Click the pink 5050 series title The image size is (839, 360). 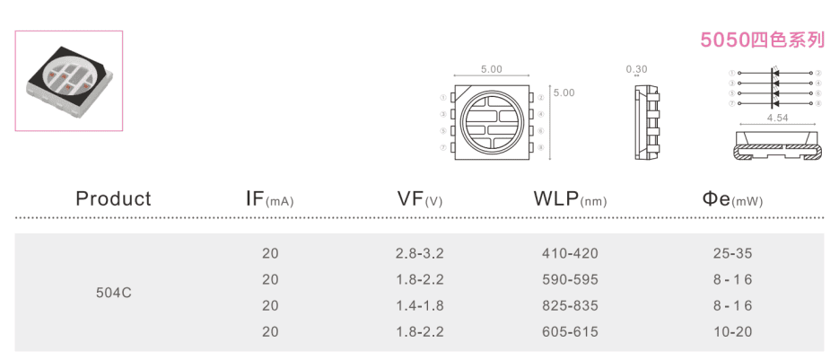tap(762, 40)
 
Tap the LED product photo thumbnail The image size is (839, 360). tap(69, 81)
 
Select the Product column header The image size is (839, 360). tap(113, 198)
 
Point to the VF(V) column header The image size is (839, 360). tap(419, 199)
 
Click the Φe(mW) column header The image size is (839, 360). tap(732, 199)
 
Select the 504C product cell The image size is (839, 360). tap(114, 293)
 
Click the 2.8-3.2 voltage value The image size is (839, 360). tap(420, 254)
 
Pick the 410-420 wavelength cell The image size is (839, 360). tap(570, 254)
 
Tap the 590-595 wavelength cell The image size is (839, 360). tap(570, 280)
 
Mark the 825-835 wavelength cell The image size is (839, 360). tap(570, 306)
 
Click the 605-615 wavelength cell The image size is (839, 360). tap(570, 332)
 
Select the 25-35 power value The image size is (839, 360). tap(732, 254)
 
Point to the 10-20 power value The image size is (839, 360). tap(732, 332)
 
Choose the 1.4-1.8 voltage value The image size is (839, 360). tap(420, 306)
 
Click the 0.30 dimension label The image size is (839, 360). tap(636, 68)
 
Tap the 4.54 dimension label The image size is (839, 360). tap(777, 118)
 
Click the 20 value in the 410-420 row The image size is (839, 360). tap(270, 254)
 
